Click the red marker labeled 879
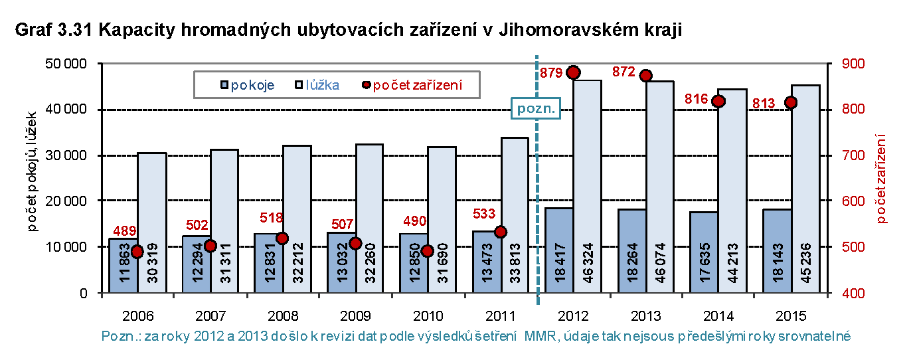pos(574,72)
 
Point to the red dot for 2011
pos(501,232)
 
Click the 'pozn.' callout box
pos(536,108)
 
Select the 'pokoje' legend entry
pos(247,85)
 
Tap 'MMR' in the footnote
pos(537,337)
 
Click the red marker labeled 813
pos(791,102)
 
